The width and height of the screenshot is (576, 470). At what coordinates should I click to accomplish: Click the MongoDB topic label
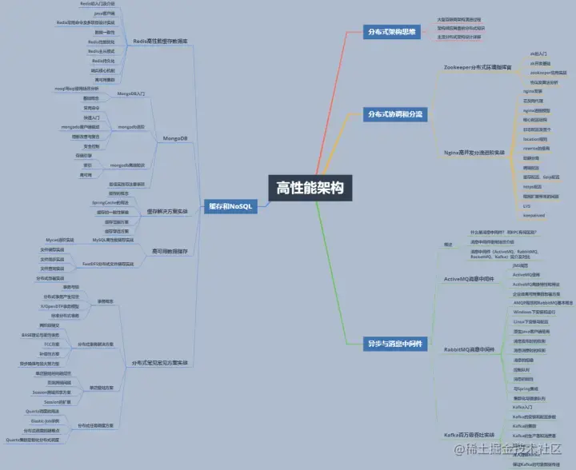[175, 138]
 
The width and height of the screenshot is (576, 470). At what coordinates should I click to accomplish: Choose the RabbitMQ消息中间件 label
[474, 349]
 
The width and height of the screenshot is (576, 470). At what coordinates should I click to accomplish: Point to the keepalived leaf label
[534, 215]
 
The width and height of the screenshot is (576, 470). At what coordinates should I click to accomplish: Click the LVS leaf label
[526, 205]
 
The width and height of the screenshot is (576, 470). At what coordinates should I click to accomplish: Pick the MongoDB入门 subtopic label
[131, 94]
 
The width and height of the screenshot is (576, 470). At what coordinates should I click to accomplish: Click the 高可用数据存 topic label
[170, 250]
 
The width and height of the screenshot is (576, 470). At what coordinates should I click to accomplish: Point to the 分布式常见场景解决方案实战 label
[160, 363]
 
